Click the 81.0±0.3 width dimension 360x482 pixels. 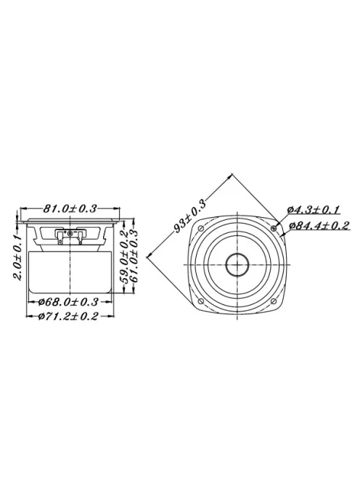pos(70,208)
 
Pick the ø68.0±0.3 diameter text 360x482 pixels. pos(69,301)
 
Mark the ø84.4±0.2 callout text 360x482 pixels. pos(319,226)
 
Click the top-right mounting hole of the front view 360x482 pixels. pos(274,229)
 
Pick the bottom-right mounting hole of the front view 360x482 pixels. pos(274,301)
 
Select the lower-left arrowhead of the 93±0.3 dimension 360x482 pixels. pos(148,253)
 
